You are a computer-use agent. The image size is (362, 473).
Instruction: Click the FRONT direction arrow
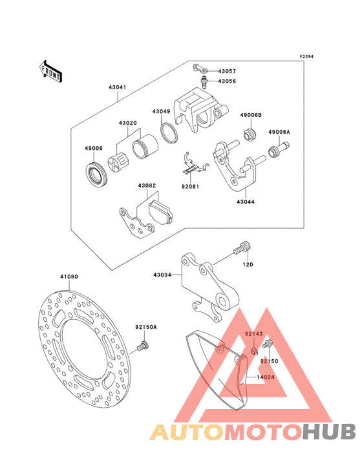pos(50,72)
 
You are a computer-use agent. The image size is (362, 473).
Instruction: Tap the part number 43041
pos(118,87)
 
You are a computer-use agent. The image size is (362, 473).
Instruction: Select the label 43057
pos(227,72)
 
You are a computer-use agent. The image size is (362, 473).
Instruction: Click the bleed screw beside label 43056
pos(204,82)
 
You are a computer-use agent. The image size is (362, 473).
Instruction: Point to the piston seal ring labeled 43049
pos(169,132)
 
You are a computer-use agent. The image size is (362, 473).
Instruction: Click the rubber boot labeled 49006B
pos(250,134)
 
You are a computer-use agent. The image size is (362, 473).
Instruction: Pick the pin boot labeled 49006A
pos(279,149)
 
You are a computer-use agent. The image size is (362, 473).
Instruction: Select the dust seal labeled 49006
pos(97,175)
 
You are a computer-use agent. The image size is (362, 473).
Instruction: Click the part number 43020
pos(127,123)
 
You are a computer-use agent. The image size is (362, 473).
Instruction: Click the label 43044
pos(245,202)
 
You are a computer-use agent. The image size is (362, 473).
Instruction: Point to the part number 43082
pos(147,185)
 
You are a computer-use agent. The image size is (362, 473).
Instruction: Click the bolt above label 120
pos(242,248)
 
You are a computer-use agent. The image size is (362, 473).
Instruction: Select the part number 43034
pos(162,275)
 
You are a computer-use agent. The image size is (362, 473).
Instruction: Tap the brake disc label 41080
pos(69,277)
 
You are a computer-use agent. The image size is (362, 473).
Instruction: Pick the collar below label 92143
pos(255,351)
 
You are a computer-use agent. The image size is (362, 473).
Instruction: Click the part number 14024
pos(266,377)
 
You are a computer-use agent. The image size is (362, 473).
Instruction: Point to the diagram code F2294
pos(306,56)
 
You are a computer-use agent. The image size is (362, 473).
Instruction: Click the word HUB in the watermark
pos(330,432)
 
